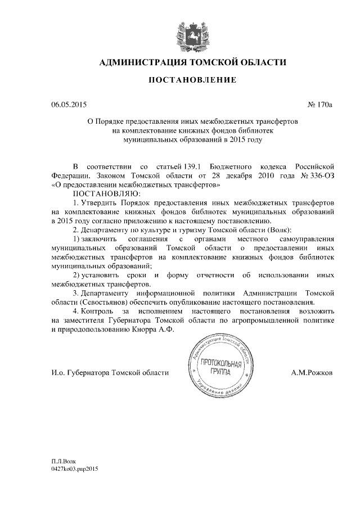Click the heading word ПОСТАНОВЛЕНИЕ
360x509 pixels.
click(192, 81)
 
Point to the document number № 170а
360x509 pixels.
click(321, 104)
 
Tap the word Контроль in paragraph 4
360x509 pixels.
click(99, 311)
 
